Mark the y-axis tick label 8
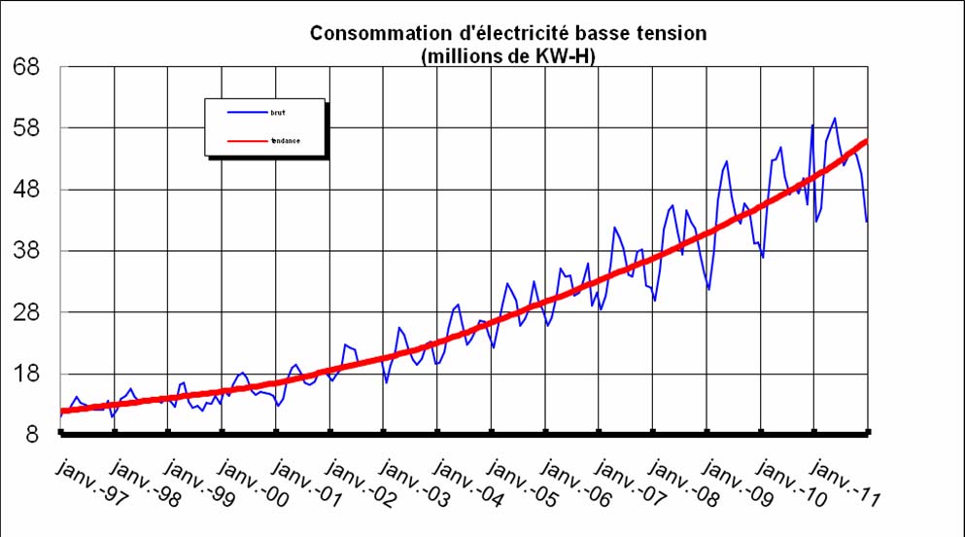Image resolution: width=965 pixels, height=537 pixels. [32, 436]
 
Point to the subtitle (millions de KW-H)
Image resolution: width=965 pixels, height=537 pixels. [507, 56]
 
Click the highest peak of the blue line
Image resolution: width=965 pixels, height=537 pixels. [835, 119]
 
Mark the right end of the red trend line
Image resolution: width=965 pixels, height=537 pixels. [866, 141]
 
